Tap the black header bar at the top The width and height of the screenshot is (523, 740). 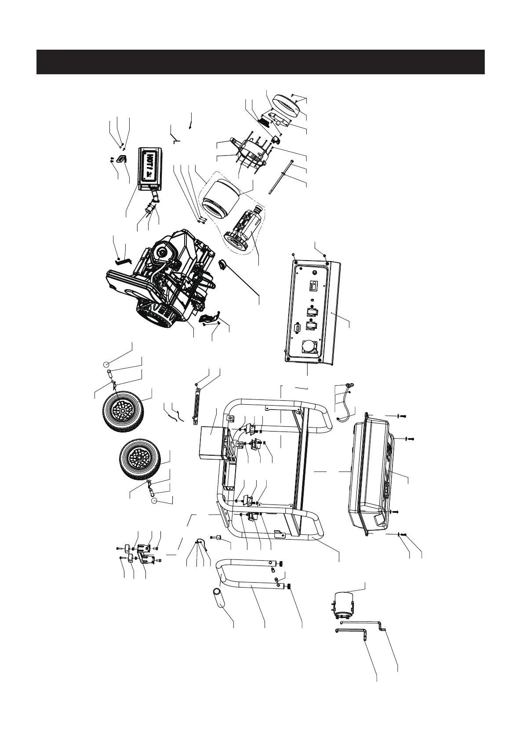tap(260, 62)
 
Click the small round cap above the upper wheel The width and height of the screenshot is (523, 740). tap(106, 364)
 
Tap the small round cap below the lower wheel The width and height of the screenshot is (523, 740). tap(154, 501)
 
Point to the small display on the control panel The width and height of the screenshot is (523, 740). tap(314, 286)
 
